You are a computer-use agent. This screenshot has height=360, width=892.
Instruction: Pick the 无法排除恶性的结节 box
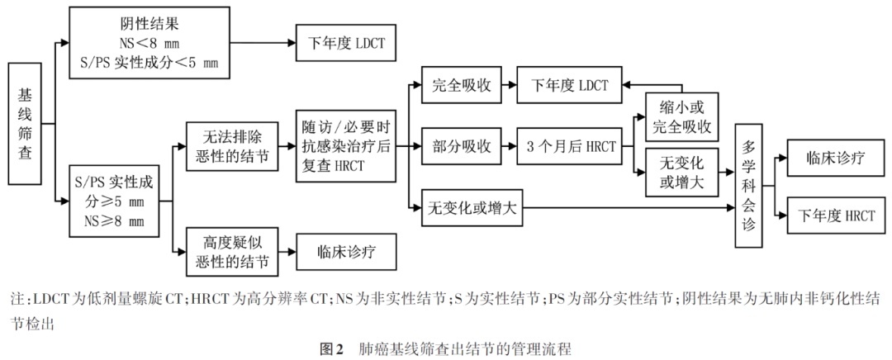(230, 146)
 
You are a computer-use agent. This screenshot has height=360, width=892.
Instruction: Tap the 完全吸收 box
(463, 86)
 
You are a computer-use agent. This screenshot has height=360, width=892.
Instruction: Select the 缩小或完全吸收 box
(683, 118)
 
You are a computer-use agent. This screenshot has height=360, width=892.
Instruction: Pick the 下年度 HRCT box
(836, 216)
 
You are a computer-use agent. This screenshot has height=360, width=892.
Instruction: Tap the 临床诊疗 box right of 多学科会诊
(835, 159)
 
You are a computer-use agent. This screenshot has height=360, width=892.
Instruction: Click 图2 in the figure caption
(330, 349)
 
